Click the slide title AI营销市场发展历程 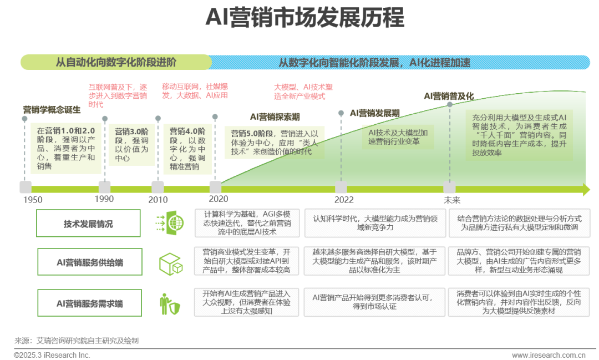point(305,18)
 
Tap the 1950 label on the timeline point(33,200)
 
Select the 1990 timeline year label point(104,199)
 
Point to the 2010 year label point(158,200)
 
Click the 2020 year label point(219,199)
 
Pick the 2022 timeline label point(344,200)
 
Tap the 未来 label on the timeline point(452,200)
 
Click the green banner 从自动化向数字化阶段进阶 point(116,62)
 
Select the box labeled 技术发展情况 point(88,224)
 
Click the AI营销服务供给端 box point(90,262)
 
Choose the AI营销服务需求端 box point(90,303)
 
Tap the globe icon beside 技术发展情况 point(170,223)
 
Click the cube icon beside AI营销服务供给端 point(171,264)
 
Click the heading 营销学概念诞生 point(52,110)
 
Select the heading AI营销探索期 point(275,117)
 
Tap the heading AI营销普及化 point(449,96)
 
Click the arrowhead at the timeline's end point(586,189)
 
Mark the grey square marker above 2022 point(341,187)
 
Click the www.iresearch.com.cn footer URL point(549,355)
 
